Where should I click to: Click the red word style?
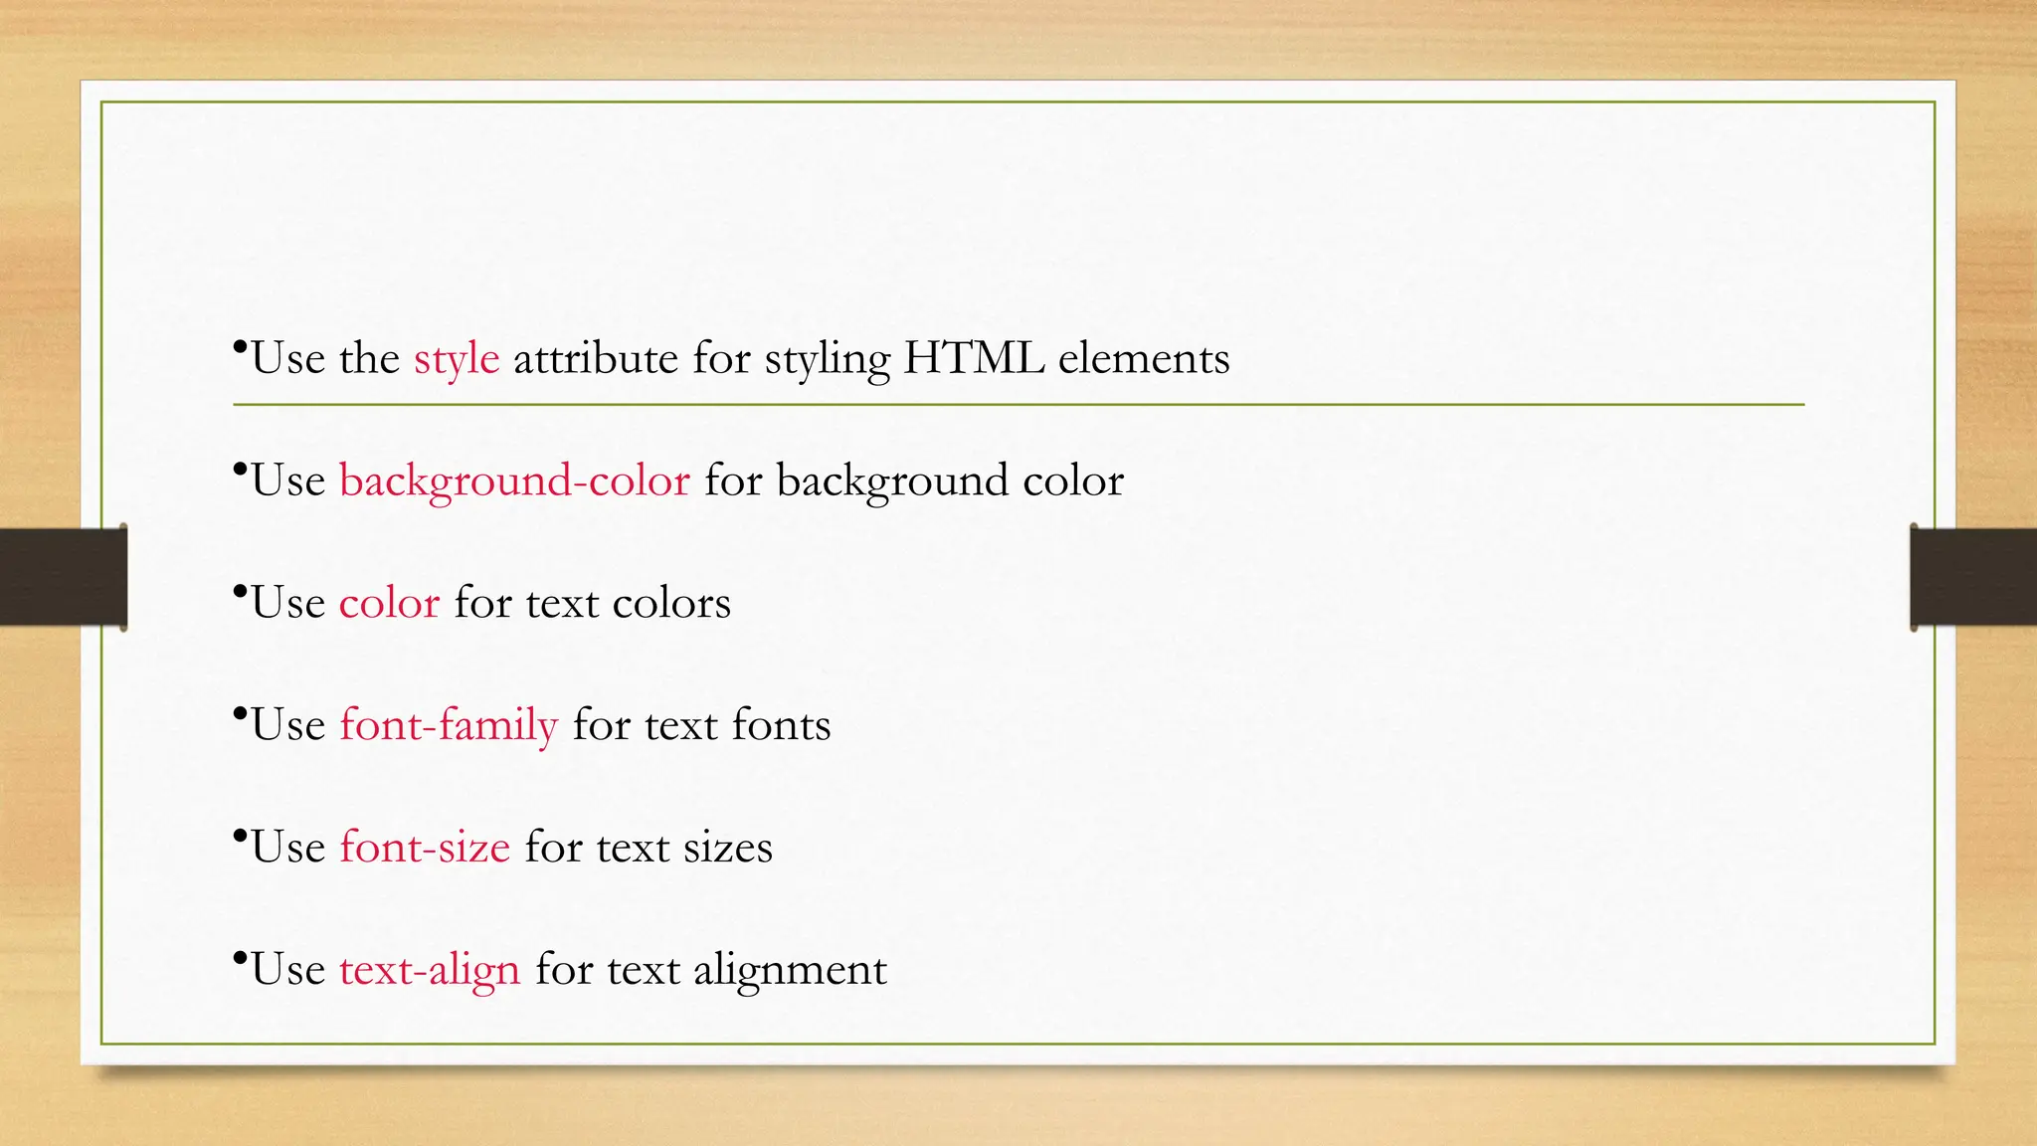click(457, 359)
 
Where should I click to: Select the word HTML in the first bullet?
click(974, 358)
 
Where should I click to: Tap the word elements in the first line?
click(1144, 358)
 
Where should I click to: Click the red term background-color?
click(514, 481)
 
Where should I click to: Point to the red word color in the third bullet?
click(389, 604)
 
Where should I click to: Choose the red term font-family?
click(449, 725)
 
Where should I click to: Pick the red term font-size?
click(425, 848)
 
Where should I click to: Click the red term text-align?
click(430, 970)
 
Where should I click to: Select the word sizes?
click(727, 848)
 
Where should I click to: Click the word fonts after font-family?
click(781, 725)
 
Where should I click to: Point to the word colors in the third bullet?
click(671, 604)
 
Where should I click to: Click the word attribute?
click(596, 358)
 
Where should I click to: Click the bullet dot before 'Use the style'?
click(240, 347)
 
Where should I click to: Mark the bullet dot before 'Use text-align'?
click(240, 958)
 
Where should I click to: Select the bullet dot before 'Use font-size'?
click(240, 836)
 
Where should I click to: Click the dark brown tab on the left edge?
click(63, 577)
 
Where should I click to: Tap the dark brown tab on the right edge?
click(1973, 577)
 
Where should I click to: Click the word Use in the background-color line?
click(288, 481)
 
